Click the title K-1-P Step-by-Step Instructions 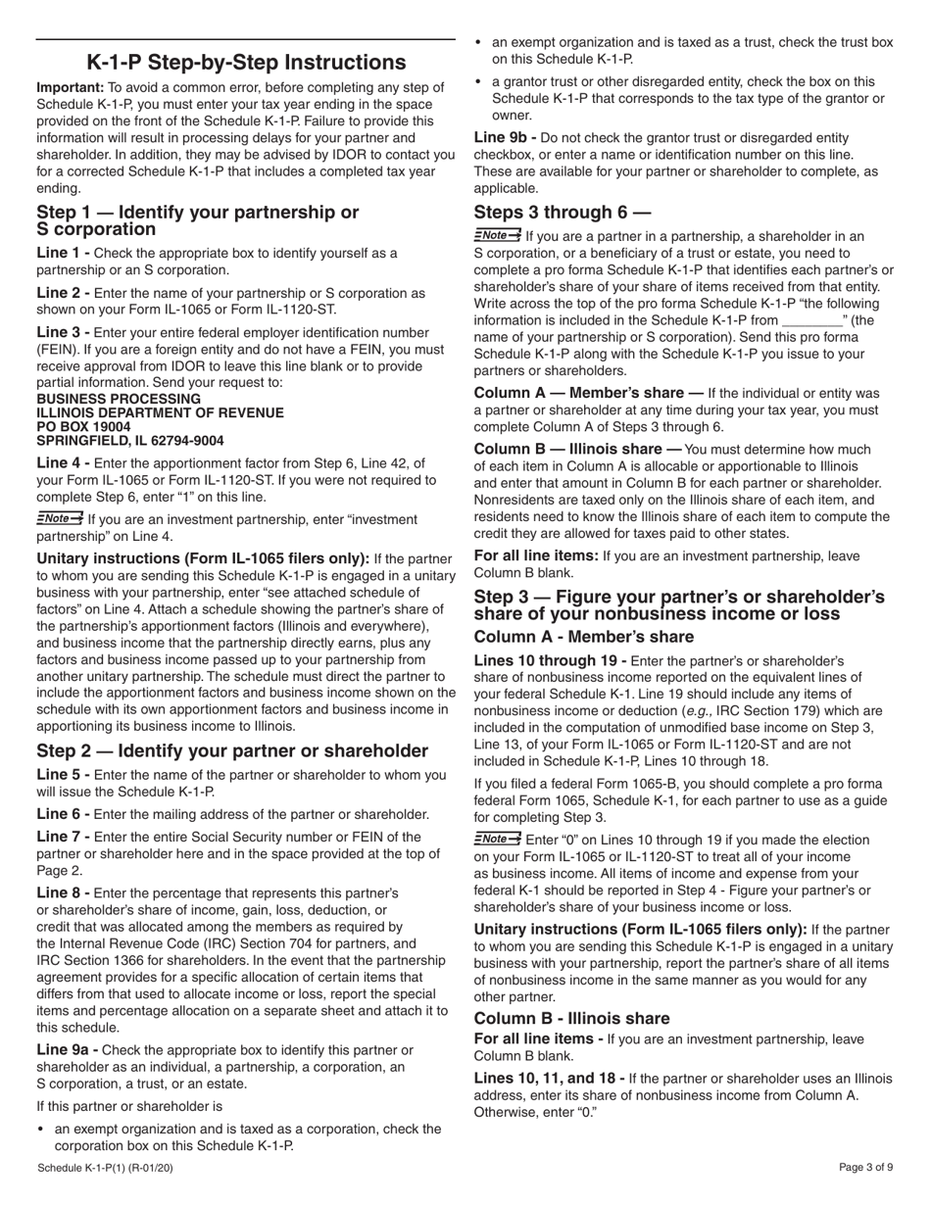(246, 63)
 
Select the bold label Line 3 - (64, 333)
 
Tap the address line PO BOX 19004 (83, 427)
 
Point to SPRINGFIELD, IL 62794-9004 (129, 441)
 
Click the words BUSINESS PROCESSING (118, 399)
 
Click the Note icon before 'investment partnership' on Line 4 (60, 518)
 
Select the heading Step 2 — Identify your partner (232, 750)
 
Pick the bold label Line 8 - (64, 893)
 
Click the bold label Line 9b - (506, 138)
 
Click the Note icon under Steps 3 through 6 (498, 235)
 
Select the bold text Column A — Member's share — (588, 393)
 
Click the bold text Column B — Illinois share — (578, 450)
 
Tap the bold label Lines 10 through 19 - (550, 660)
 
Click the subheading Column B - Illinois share (571, 1018)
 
